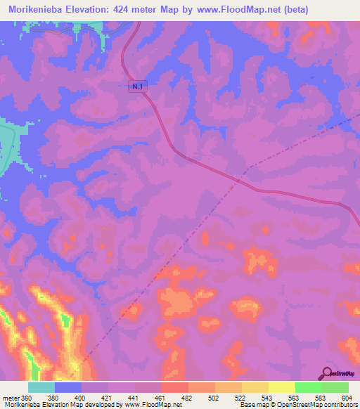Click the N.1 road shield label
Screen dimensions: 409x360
(x=139, y=85)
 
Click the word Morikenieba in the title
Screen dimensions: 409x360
(x=39, y=8)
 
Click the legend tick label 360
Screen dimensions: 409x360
(x=26, y=397)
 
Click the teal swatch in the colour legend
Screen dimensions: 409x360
(x=41, y=387)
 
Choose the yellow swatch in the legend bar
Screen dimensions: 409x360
(x=282, y=387)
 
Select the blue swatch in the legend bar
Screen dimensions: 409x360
(x=68, y=387)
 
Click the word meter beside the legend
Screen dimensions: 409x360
(x=10, y=397)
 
